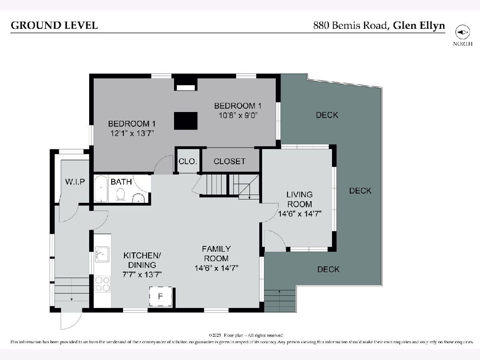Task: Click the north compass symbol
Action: click(x=462, y=32)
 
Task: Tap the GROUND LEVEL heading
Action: click(x=54, y=25)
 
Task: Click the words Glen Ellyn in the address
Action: click(x=419, y=26)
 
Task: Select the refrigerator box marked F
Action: click(x=160, y=296)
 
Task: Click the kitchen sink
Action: click(x=102, y=254)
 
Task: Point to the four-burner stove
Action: click(x=102, y=284)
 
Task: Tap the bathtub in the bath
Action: click(x=101, y=189)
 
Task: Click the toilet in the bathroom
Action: click(x=120, y=194)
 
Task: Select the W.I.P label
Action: click(x=75, y=182)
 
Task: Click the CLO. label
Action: click(x=188, y=161)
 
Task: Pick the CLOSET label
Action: click(x=229, y=161)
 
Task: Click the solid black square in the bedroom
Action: click(x=186, y=121)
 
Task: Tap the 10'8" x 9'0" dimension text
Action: click(x=238, y=115)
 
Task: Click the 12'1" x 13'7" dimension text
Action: click(x=132, y=133)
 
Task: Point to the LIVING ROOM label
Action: click(x=299, y=199)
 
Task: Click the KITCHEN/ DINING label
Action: click(x=142, y=260)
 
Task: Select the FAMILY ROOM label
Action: click(x=216, y=254)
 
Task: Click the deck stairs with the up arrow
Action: click(x=280, y=301)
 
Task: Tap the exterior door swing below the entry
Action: click(x=71, y=321)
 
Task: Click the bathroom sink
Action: click(x=139, y=198)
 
